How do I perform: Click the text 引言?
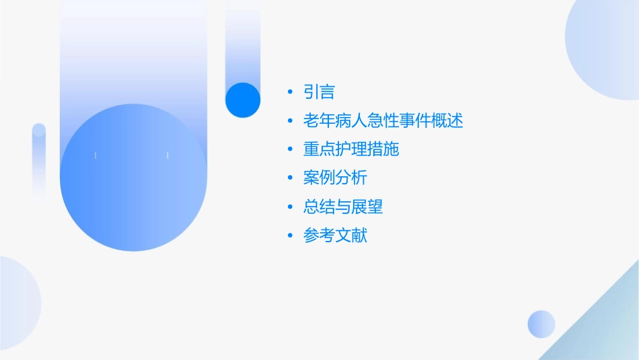click(x=319, y=92)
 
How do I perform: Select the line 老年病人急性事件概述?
click(x=383, y=120)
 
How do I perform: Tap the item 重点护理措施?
click(x=351, y=149)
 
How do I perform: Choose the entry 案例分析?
click(x=335, y=178)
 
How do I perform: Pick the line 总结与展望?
click(x=343, y=207)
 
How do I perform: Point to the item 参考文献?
click(x=335, y=236)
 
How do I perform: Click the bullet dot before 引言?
click(x=290, y=92)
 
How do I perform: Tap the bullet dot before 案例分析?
click(x=290, y=179)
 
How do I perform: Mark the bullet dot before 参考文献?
click(x=290, y=237)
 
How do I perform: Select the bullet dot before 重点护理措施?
click(x=290, y=150)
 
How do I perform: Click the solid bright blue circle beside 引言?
click(x=243, y=100)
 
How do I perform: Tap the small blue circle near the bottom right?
click(x=541, y=324)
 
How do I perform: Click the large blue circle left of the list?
click(x=133, y=178)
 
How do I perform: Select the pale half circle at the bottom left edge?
click(x=17, y=303)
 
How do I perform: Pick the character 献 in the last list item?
click(x=360, y=236)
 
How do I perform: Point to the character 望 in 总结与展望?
click(x=375, y=207)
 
